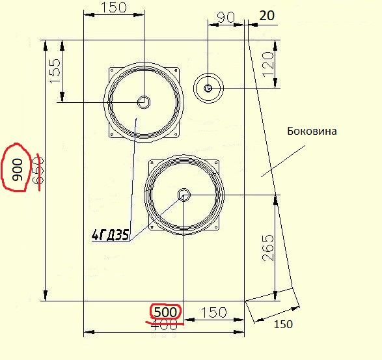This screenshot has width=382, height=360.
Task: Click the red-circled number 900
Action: click(x=17, y=170)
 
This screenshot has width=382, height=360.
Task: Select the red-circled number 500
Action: click(x=165, y=312)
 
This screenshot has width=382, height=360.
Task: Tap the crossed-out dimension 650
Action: click(x=38, y=171)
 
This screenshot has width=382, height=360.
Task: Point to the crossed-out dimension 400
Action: click(x=164, y=325)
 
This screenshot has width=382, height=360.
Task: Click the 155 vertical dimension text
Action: click(x=55, y=71)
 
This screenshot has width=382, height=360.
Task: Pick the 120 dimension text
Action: click(x=268, y=64)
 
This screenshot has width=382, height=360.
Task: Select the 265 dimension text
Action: click(x=268, y=248)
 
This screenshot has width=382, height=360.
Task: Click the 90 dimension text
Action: click(x=226, y=17)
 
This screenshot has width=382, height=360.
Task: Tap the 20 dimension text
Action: click(x=267, y=16)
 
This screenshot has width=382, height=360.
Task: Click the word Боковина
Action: click(x=312, y=131)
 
